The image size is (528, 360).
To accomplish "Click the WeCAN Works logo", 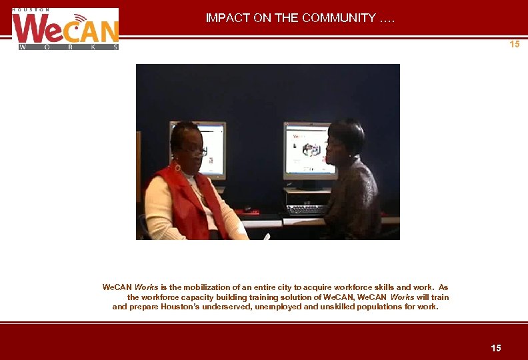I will click(65, 30).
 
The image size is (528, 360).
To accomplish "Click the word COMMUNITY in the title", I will click(339, 18).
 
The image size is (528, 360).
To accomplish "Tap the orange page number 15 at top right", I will click(514, 45).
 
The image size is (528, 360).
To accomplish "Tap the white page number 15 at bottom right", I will click(495, 348).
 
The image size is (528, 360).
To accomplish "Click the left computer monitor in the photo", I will click(198, 149).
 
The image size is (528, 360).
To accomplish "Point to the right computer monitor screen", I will click(309, 149).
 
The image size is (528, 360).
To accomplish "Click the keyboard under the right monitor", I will click(307, 208).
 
